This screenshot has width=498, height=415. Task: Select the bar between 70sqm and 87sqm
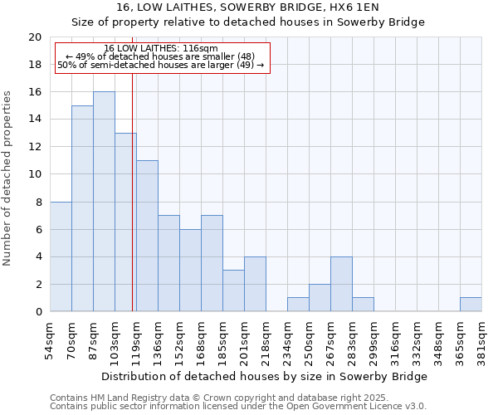coord(82,208)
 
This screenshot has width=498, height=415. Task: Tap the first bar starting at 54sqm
coord(61,256)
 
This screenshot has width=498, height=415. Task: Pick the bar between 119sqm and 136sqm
coord(147,236)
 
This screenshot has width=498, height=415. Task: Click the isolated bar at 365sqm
coord(471,305)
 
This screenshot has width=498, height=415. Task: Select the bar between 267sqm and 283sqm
coord(341,284)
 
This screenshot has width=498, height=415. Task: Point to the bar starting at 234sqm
coord(298,305)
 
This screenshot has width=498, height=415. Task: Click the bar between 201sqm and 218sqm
coord(255,284)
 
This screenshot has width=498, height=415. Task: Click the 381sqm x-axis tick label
coord(481,339)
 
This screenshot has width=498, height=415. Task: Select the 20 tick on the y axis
coord(35,37)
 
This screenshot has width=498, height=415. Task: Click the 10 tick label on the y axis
coord(35,174)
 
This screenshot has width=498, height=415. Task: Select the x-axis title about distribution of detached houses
coord(266,376)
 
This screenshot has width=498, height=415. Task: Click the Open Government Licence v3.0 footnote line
coord(238,406)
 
